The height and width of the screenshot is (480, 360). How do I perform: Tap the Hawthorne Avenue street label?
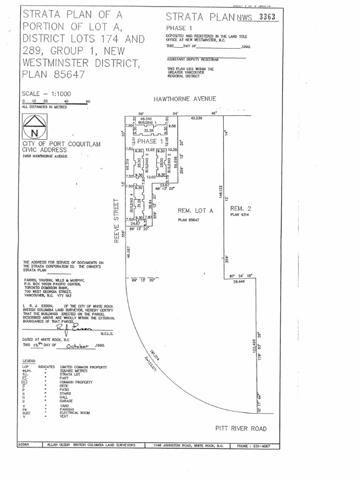(185, 99)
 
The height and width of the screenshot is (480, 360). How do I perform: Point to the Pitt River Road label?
(241, 428)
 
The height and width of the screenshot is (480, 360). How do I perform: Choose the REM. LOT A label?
(195, 211)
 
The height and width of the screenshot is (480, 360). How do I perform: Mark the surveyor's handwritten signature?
(75, 329)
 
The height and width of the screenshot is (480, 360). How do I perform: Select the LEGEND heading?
(29, 360)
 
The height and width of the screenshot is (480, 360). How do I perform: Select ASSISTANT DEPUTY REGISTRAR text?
(193, 60)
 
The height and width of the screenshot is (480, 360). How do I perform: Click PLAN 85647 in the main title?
(53, 74)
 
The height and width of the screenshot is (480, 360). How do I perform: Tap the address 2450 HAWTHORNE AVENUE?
(45, 156)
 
